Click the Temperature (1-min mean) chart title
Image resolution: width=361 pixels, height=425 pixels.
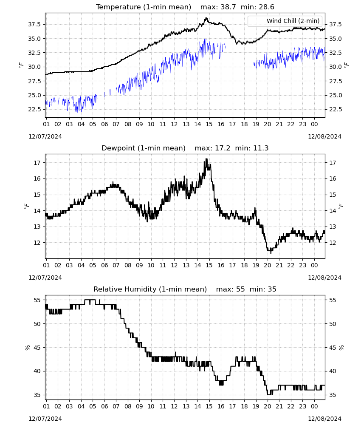(x=144, y=7)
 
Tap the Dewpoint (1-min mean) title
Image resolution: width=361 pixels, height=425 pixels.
(x=144, y=148)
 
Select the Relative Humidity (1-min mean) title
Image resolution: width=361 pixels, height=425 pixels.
(x=150, y=289)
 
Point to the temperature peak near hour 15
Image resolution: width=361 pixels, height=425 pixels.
(x=206, y=18)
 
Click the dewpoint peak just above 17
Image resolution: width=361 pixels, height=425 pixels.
(x=207, y=159)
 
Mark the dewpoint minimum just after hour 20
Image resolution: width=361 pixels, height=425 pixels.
(x=271, y=253)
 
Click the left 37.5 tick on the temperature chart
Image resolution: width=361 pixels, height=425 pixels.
(x=34, y=24)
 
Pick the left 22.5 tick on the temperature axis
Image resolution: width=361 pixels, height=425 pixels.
(x=34, y=110)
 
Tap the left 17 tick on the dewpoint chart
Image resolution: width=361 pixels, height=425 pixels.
(x=37, y=163)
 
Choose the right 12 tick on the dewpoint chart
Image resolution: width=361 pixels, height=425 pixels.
(x=333, y=243)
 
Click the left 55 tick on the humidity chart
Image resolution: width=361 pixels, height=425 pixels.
(x=37, y=300)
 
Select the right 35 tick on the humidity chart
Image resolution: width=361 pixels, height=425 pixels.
(x=333, y=395)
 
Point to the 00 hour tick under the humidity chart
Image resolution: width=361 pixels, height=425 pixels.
(x=314, y=407)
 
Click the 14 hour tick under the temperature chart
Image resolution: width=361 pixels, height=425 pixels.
(x=197, y=125)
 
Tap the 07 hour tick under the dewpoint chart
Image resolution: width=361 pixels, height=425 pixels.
(x=116, y=265)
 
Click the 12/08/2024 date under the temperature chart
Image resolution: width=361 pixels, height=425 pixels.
(x=324, y=136)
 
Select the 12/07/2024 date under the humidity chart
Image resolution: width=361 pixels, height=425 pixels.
(x=45, y=419)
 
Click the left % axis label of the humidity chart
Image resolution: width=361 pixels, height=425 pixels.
(x=27, y=348)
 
